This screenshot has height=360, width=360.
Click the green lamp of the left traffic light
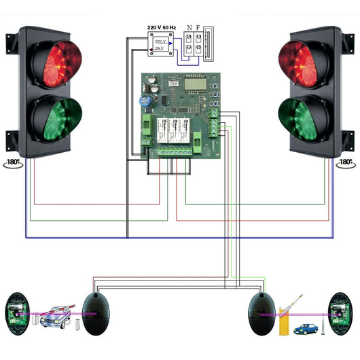point(56,116)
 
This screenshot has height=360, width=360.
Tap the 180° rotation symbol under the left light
point(12,164)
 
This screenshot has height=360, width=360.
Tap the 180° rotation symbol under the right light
point(346,163)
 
